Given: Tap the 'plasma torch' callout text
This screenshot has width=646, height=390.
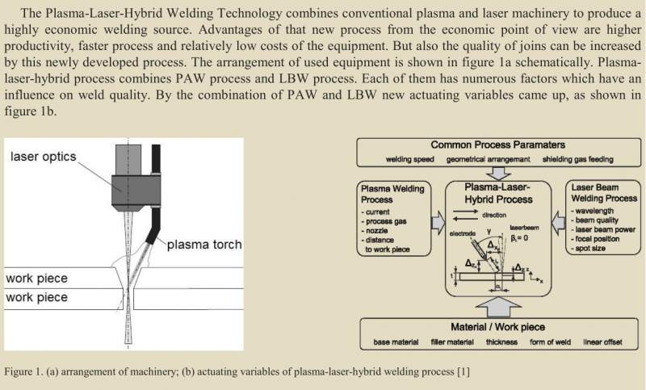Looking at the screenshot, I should tap(204, 245).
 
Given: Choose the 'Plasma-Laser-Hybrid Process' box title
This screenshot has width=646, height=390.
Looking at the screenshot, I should tap(498, 193).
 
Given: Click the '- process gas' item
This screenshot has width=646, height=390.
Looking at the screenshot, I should tap(385, 220).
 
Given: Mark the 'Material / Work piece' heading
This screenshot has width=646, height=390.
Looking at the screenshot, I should tap(498, 327).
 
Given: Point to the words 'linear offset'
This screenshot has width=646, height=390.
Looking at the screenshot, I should tap(605, 342).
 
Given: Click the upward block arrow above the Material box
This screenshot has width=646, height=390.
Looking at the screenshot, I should tap(498, 305).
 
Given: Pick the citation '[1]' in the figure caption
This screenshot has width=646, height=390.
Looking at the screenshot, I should tap(464, 372).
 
